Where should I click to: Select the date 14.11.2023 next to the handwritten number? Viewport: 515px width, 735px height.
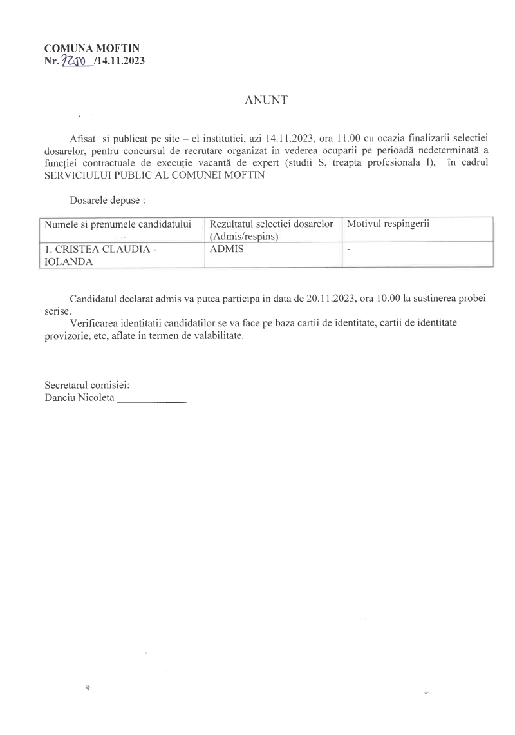pos(117,62)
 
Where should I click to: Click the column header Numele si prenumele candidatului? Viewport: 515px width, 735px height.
pos(118,224)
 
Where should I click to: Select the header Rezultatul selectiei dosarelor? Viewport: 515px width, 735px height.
pos(271,224)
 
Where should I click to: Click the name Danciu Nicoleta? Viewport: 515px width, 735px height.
pos(79,398)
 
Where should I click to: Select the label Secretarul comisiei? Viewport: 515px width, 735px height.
pos(87,385)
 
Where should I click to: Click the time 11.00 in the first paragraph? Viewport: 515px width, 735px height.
pos(354,140)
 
